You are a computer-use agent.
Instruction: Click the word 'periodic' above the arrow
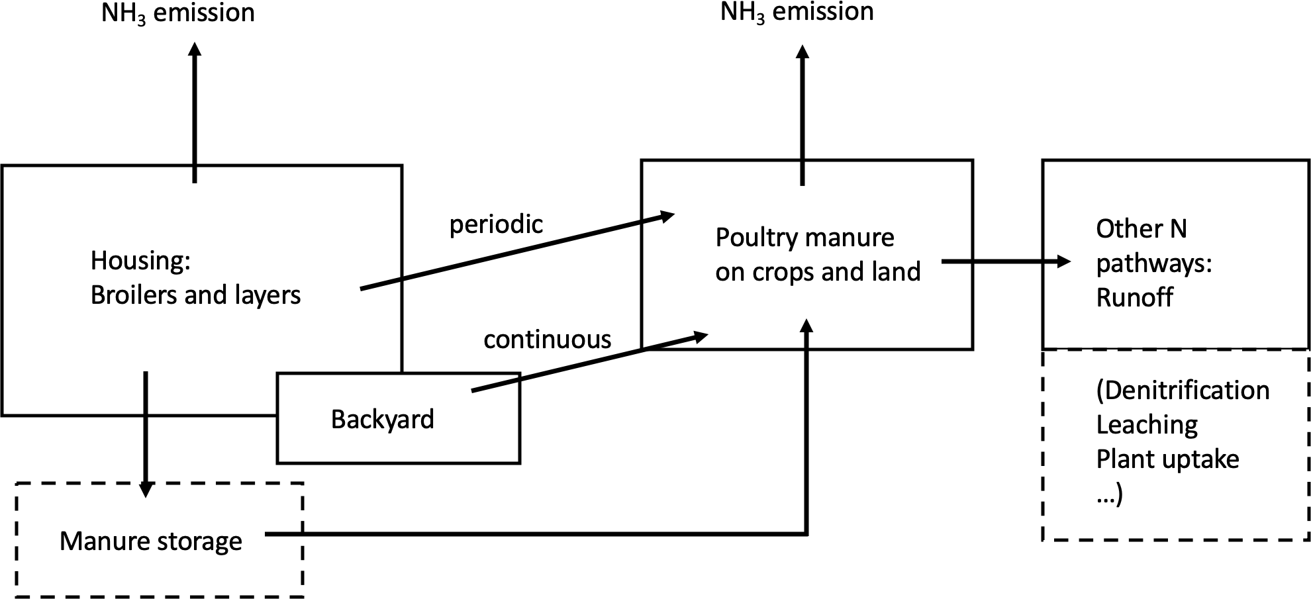pyautogui.click(x=496, y=225)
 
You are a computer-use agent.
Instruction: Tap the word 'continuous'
pyautogui.click(x=547, y=340)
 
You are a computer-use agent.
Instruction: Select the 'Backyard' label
pyautogui.click(x=382, y=420)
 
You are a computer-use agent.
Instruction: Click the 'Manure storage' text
pyautogui.click(x=151, y=541)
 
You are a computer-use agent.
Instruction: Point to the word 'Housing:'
pyautogui.click(x=140, y=261)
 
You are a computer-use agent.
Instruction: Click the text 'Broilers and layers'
pyautogui.click(x=195, y=295)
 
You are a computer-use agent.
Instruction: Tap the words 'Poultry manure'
pyautogui.click(x=804, y=238)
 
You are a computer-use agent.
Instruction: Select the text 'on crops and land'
pyautogui.click(x=818, y=272)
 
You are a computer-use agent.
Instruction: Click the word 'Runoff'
pyautogui.click(x=1134, y=298)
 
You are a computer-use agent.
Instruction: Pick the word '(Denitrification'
pyautogui.click(x=1183, y=391)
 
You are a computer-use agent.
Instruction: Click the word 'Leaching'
pyautogui.click(x=1147, y=425)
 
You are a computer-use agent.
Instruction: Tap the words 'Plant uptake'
pyautogui.click(x=1167, y=459)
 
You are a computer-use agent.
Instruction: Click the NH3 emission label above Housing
pyautogui.click(x=177, y=13)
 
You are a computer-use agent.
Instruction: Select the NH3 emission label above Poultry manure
pyautogui.click(x=797, y=12)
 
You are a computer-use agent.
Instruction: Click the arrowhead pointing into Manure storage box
pyautogui.click(x=146, y=490)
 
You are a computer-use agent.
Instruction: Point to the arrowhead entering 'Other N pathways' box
pyautogui.click(x=1063, y=261)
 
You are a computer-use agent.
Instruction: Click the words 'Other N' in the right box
pyautogui.click(x=1141, y=229)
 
